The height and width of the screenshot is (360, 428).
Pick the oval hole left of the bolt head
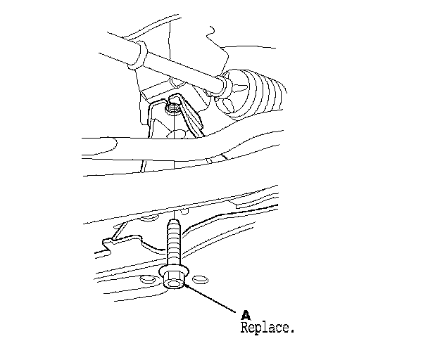pyautogui.click(x=146, y=278)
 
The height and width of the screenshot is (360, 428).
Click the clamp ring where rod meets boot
pyautogui.click(x=222, y=86)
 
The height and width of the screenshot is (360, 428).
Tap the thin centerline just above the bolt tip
pyautogui.click(x=172, y=211)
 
